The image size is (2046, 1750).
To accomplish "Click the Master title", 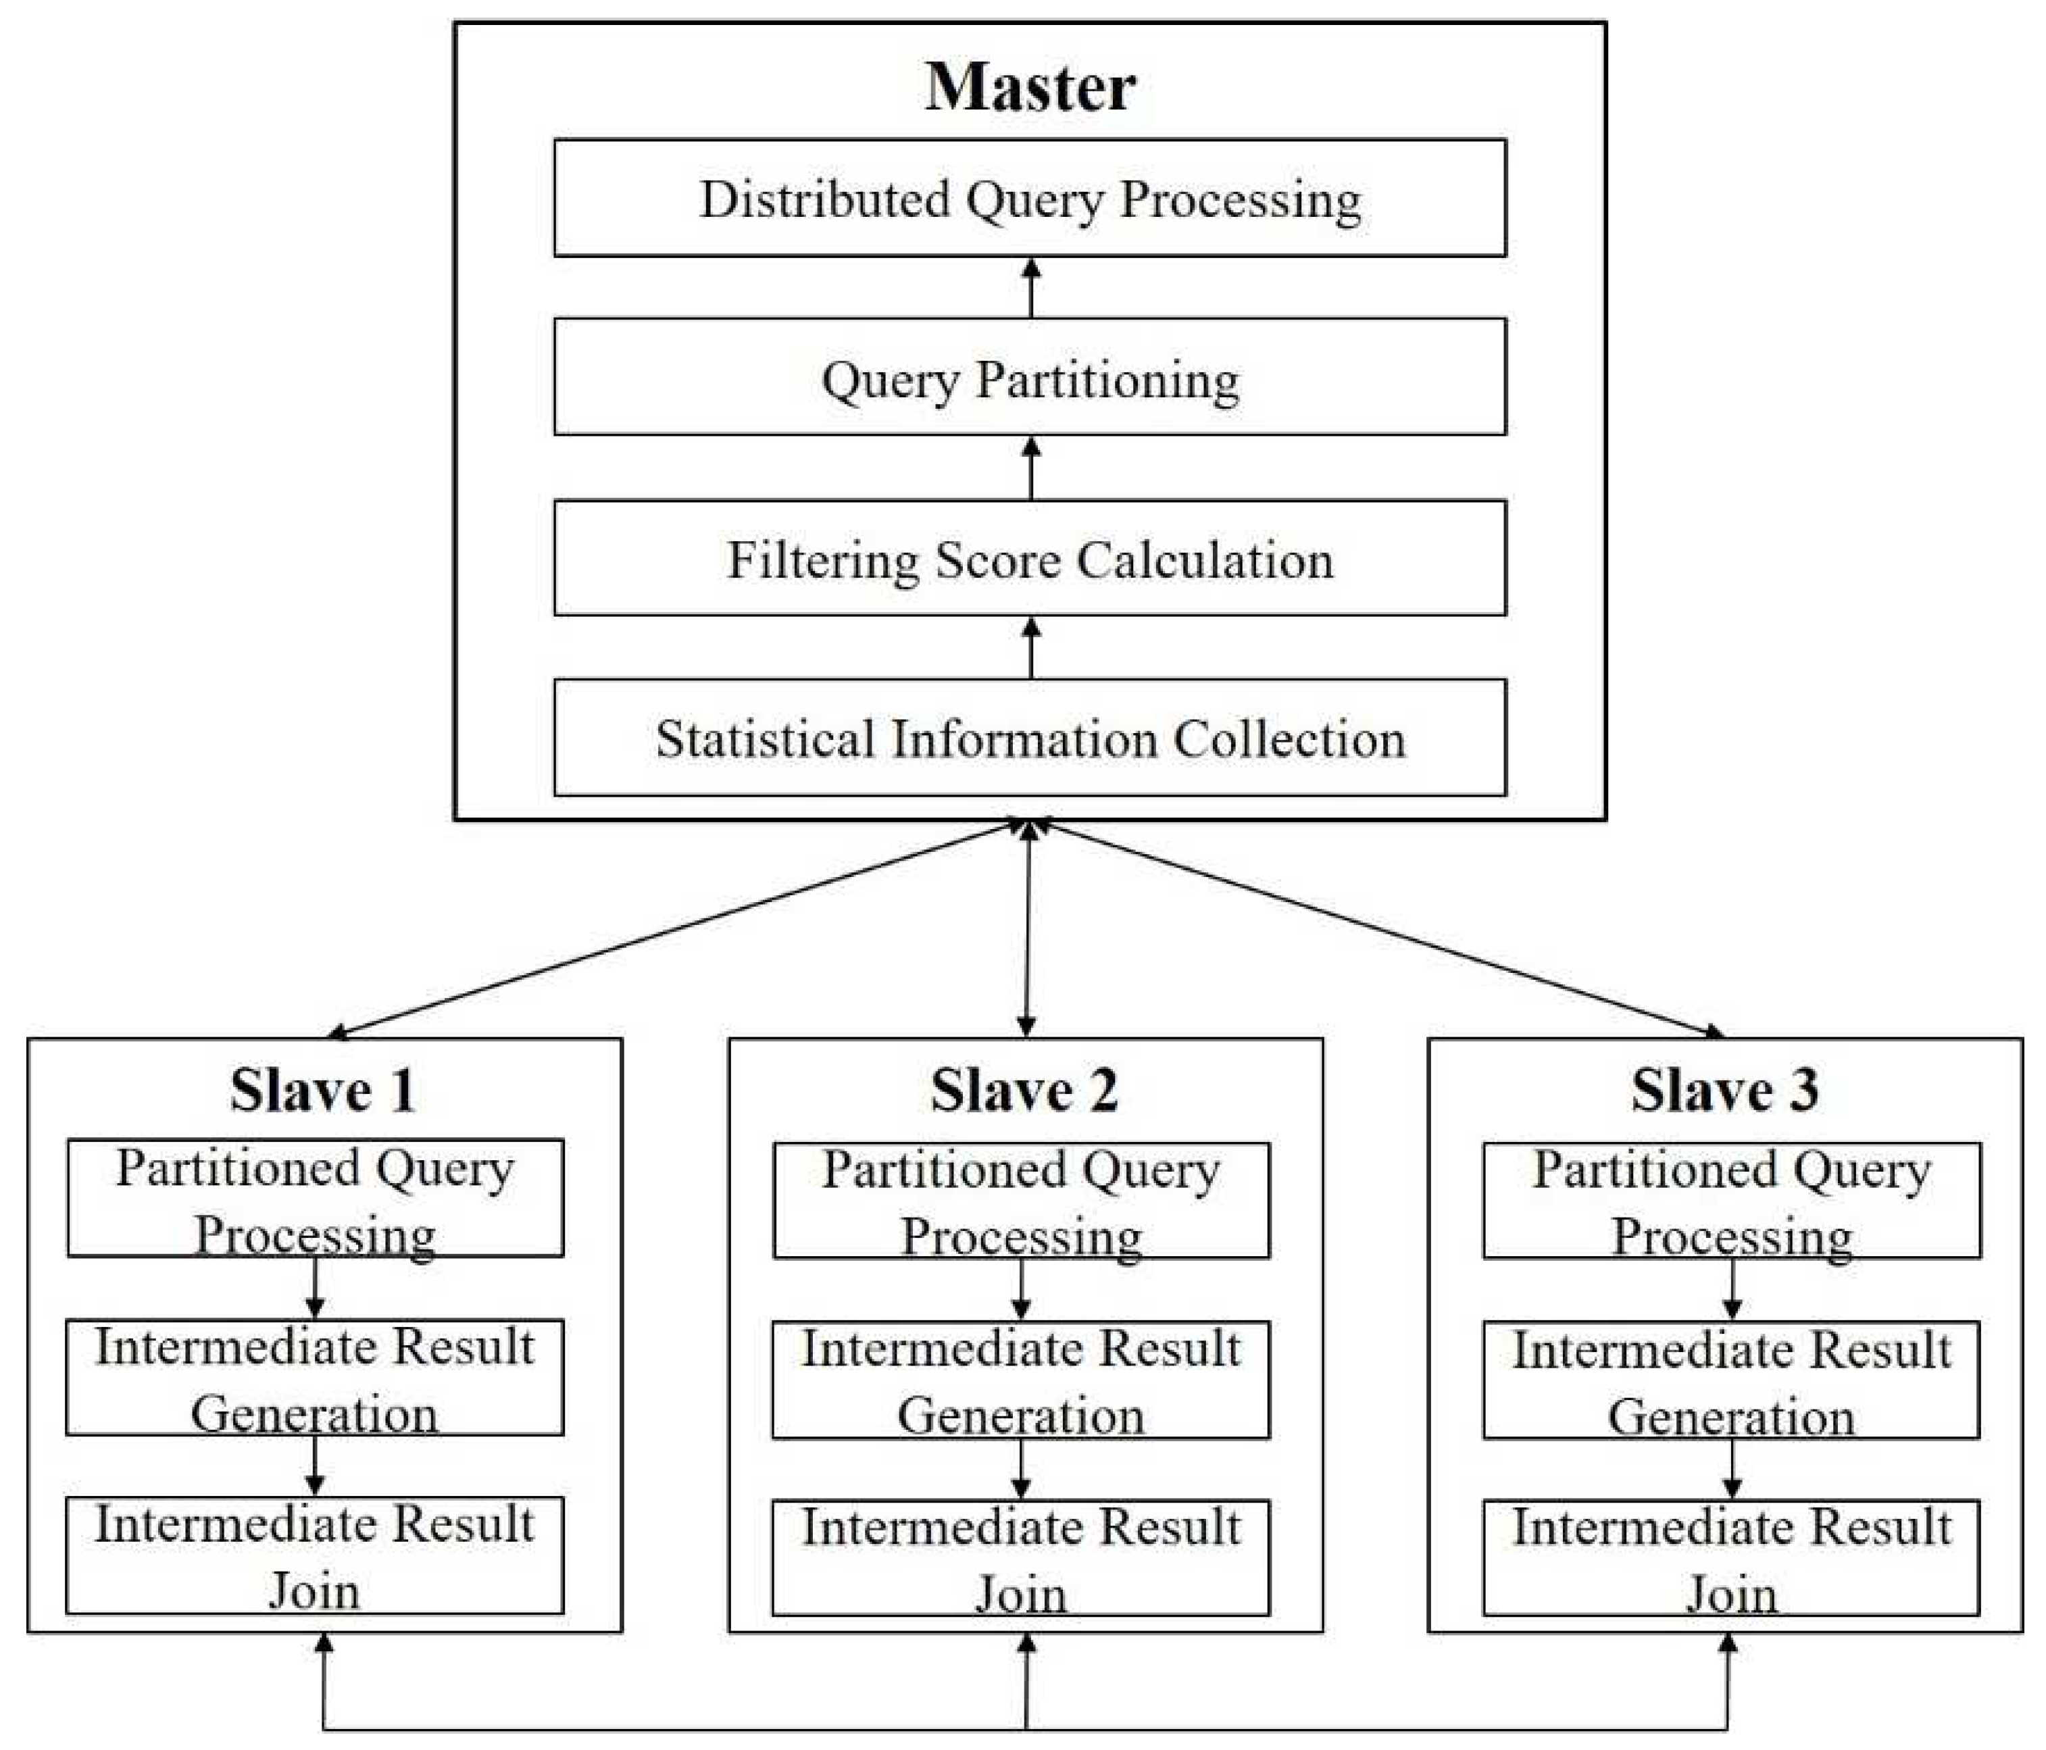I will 1030,87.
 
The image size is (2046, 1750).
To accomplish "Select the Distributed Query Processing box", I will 1030,199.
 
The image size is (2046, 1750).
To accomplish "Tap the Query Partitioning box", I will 1030,377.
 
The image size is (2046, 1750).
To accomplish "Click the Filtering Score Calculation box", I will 1030,559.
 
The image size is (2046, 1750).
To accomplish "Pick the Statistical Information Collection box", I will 1030,738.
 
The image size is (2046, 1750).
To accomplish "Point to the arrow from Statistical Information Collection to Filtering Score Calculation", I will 1031,648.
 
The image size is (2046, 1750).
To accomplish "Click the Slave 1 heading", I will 323,1091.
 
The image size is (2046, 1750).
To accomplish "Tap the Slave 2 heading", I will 1024,1091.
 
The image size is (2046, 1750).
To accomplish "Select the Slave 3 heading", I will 1724,1091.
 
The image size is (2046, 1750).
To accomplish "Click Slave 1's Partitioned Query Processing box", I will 315,1199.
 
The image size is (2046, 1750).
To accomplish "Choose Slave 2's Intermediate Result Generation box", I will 1021,1380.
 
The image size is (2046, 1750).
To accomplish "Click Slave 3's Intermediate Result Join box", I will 1731,1558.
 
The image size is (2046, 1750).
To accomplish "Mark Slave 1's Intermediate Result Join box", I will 315,1557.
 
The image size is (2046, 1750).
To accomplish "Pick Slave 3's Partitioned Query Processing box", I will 1731,1201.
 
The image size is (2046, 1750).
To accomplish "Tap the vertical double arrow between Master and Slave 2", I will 1028,928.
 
